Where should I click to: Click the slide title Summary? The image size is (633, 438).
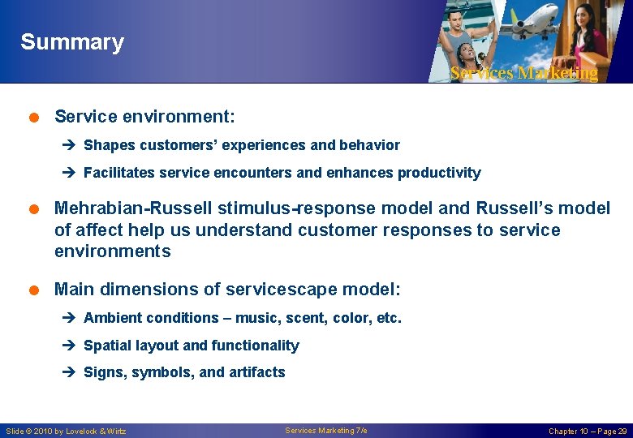tap(72, 42)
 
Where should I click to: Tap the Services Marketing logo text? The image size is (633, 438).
tap(523, 73)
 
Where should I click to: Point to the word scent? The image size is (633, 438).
tap(306, 318)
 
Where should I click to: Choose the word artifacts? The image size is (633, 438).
tap(256, 372)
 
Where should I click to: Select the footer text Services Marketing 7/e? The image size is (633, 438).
tap(325, 431)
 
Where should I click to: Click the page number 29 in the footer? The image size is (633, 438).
tap(622, 432)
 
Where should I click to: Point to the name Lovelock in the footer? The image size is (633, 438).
tap(88, 432)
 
